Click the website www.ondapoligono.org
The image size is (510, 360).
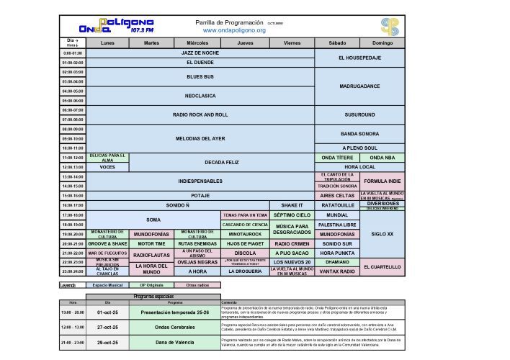tap(234, 30)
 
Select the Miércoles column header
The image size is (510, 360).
tap(197, 43)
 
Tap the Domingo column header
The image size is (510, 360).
tap(382, 43)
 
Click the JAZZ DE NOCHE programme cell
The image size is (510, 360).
tap(200, 53)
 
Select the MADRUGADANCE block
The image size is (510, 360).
tap(359, 86)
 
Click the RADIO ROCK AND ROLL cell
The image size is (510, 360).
tap(200, 114)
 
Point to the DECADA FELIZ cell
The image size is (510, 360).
tap(221, 162)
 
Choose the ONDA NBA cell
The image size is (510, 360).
tap(382, 158)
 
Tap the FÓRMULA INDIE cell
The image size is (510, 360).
tap(382, 181)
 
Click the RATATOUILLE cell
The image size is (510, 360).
tap(337, 205)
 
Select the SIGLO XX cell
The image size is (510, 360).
tap(382, 234)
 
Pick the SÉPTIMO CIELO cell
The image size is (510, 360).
tap(292, 215)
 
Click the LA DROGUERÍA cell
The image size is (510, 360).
tap(245, 271)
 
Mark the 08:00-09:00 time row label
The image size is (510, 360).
tap(73, 129)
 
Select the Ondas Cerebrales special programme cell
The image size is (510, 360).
tap(171, 326)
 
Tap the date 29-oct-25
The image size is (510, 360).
tap(108, 342)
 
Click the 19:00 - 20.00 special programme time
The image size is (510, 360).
tap(73, 312)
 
